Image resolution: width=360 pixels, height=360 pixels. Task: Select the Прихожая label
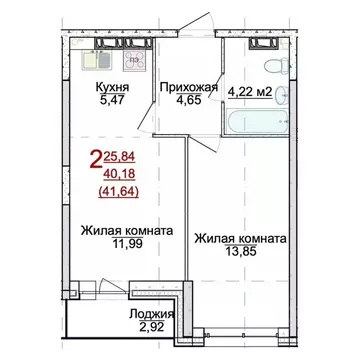[187, 87]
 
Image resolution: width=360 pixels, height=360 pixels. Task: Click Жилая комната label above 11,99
[126, 231]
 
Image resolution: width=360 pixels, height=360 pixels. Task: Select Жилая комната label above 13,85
[241, 239]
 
